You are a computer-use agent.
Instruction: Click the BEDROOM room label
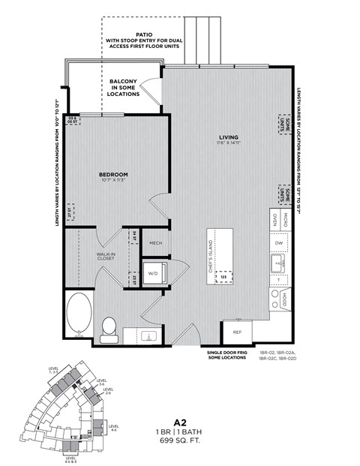[x=114, y=174]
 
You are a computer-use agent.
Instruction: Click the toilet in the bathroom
[x=109, y=329]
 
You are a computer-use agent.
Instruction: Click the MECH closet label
[x=156, y=243]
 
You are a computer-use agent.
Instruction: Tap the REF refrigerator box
[x=237, y=331]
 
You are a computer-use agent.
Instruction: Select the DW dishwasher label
[x=279, y=243]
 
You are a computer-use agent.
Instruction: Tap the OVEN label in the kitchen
[x=275, y=219]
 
